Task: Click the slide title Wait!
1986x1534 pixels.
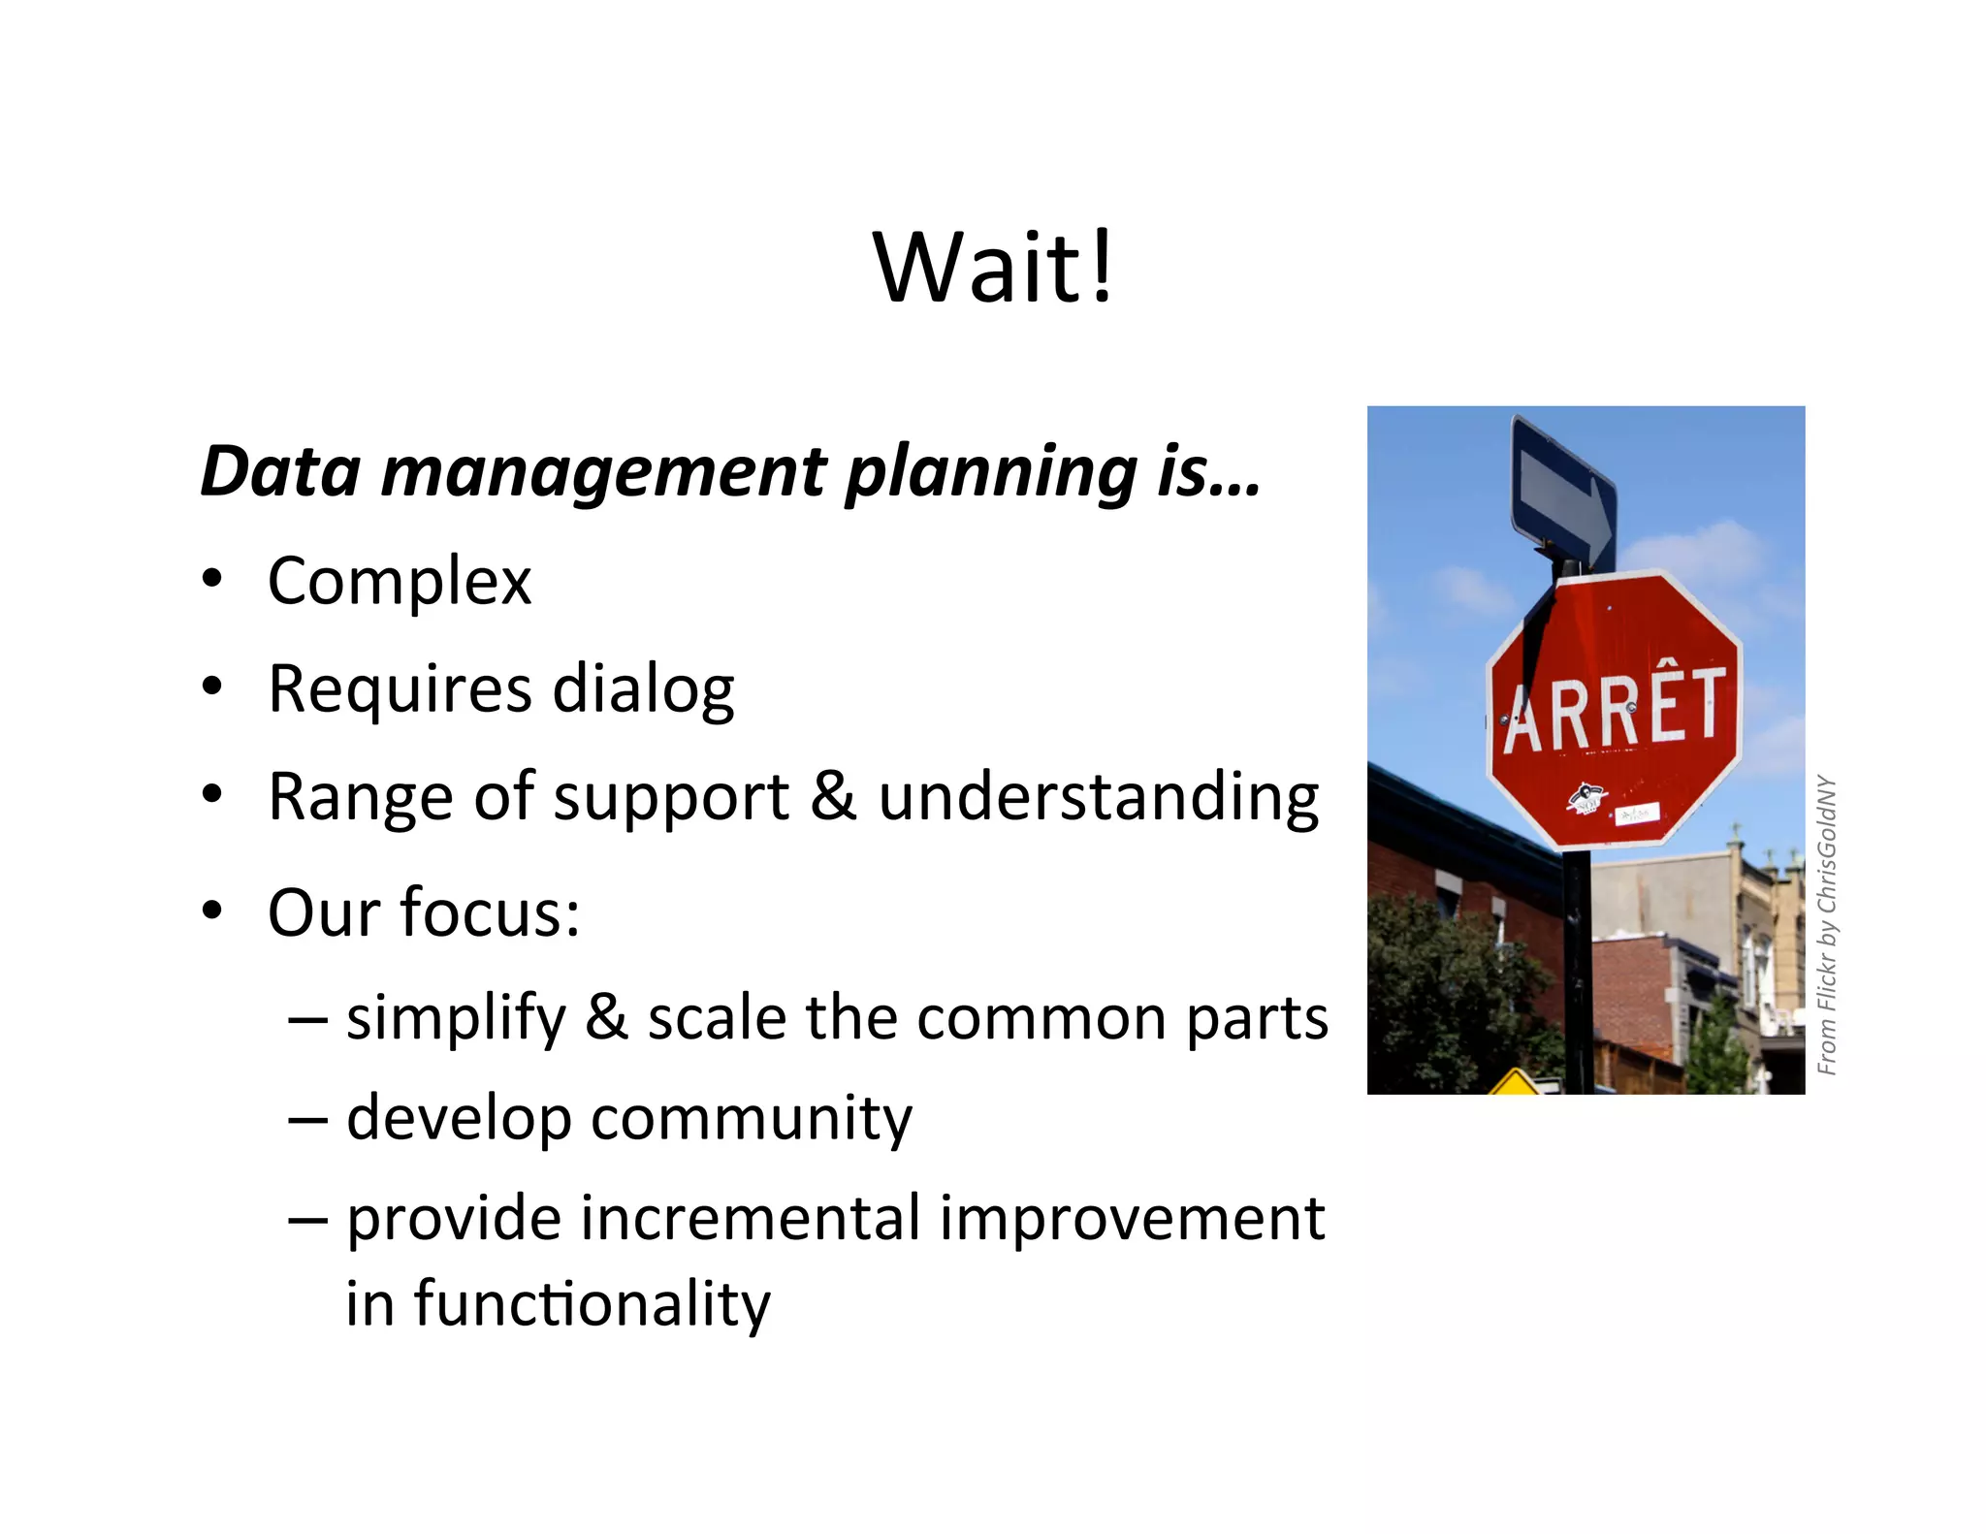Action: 994,268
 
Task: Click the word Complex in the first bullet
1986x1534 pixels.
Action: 400,582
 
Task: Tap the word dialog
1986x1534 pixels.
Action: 643,689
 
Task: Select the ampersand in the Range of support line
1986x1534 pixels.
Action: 833,796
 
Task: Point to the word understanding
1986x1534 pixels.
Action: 1099,798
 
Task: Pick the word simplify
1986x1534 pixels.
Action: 456,1019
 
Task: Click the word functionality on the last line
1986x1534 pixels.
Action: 592,1304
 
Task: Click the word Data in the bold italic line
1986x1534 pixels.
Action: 280,471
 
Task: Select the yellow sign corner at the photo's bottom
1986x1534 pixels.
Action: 1514,1082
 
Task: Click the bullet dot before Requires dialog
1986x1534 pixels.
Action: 212,687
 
